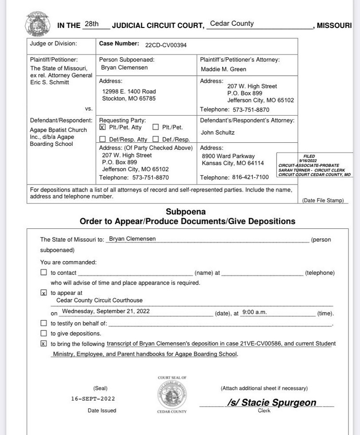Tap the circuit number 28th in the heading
tap(92, 24)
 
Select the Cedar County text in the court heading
tap(232, 24)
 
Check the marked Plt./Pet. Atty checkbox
tap(102, 127)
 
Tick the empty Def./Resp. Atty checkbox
tap(102, 139)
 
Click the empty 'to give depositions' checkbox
tap(43, 333)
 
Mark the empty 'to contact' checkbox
tap(43, 273)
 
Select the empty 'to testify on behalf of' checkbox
tap(43, 323)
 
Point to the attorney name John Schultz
tap(218, 133)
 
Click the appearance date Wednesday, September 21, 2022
tap(106, 311)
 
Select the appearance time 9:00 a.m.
tap(254, 312)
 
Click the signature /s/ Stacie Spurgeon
tap(271, 403)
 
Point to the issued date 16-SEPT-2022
tap(93, 399)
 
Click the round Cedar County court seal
tap(172, 395)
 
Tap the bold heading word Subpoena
tap(186, 212)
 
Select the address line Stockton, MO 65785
tap(129, 98)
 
